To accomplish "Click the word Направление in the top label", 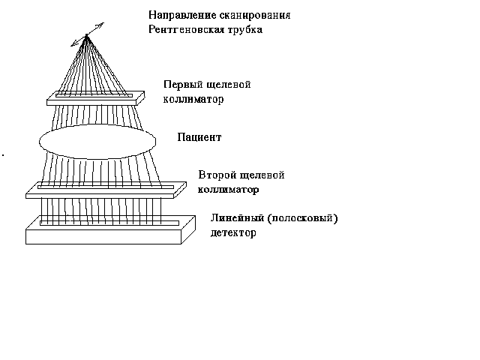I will (x=178, y=16).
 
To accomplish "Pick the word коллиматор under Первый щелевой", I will (x=193, y=99).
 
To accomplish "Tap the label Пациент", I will (x=199, y=137).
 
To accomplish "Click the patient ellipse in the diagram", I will (x=97, y=140).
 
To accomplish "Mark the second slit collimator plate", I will (x=105, y=190).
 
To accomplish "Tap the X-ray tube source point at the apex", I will (x=88, y=36).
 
